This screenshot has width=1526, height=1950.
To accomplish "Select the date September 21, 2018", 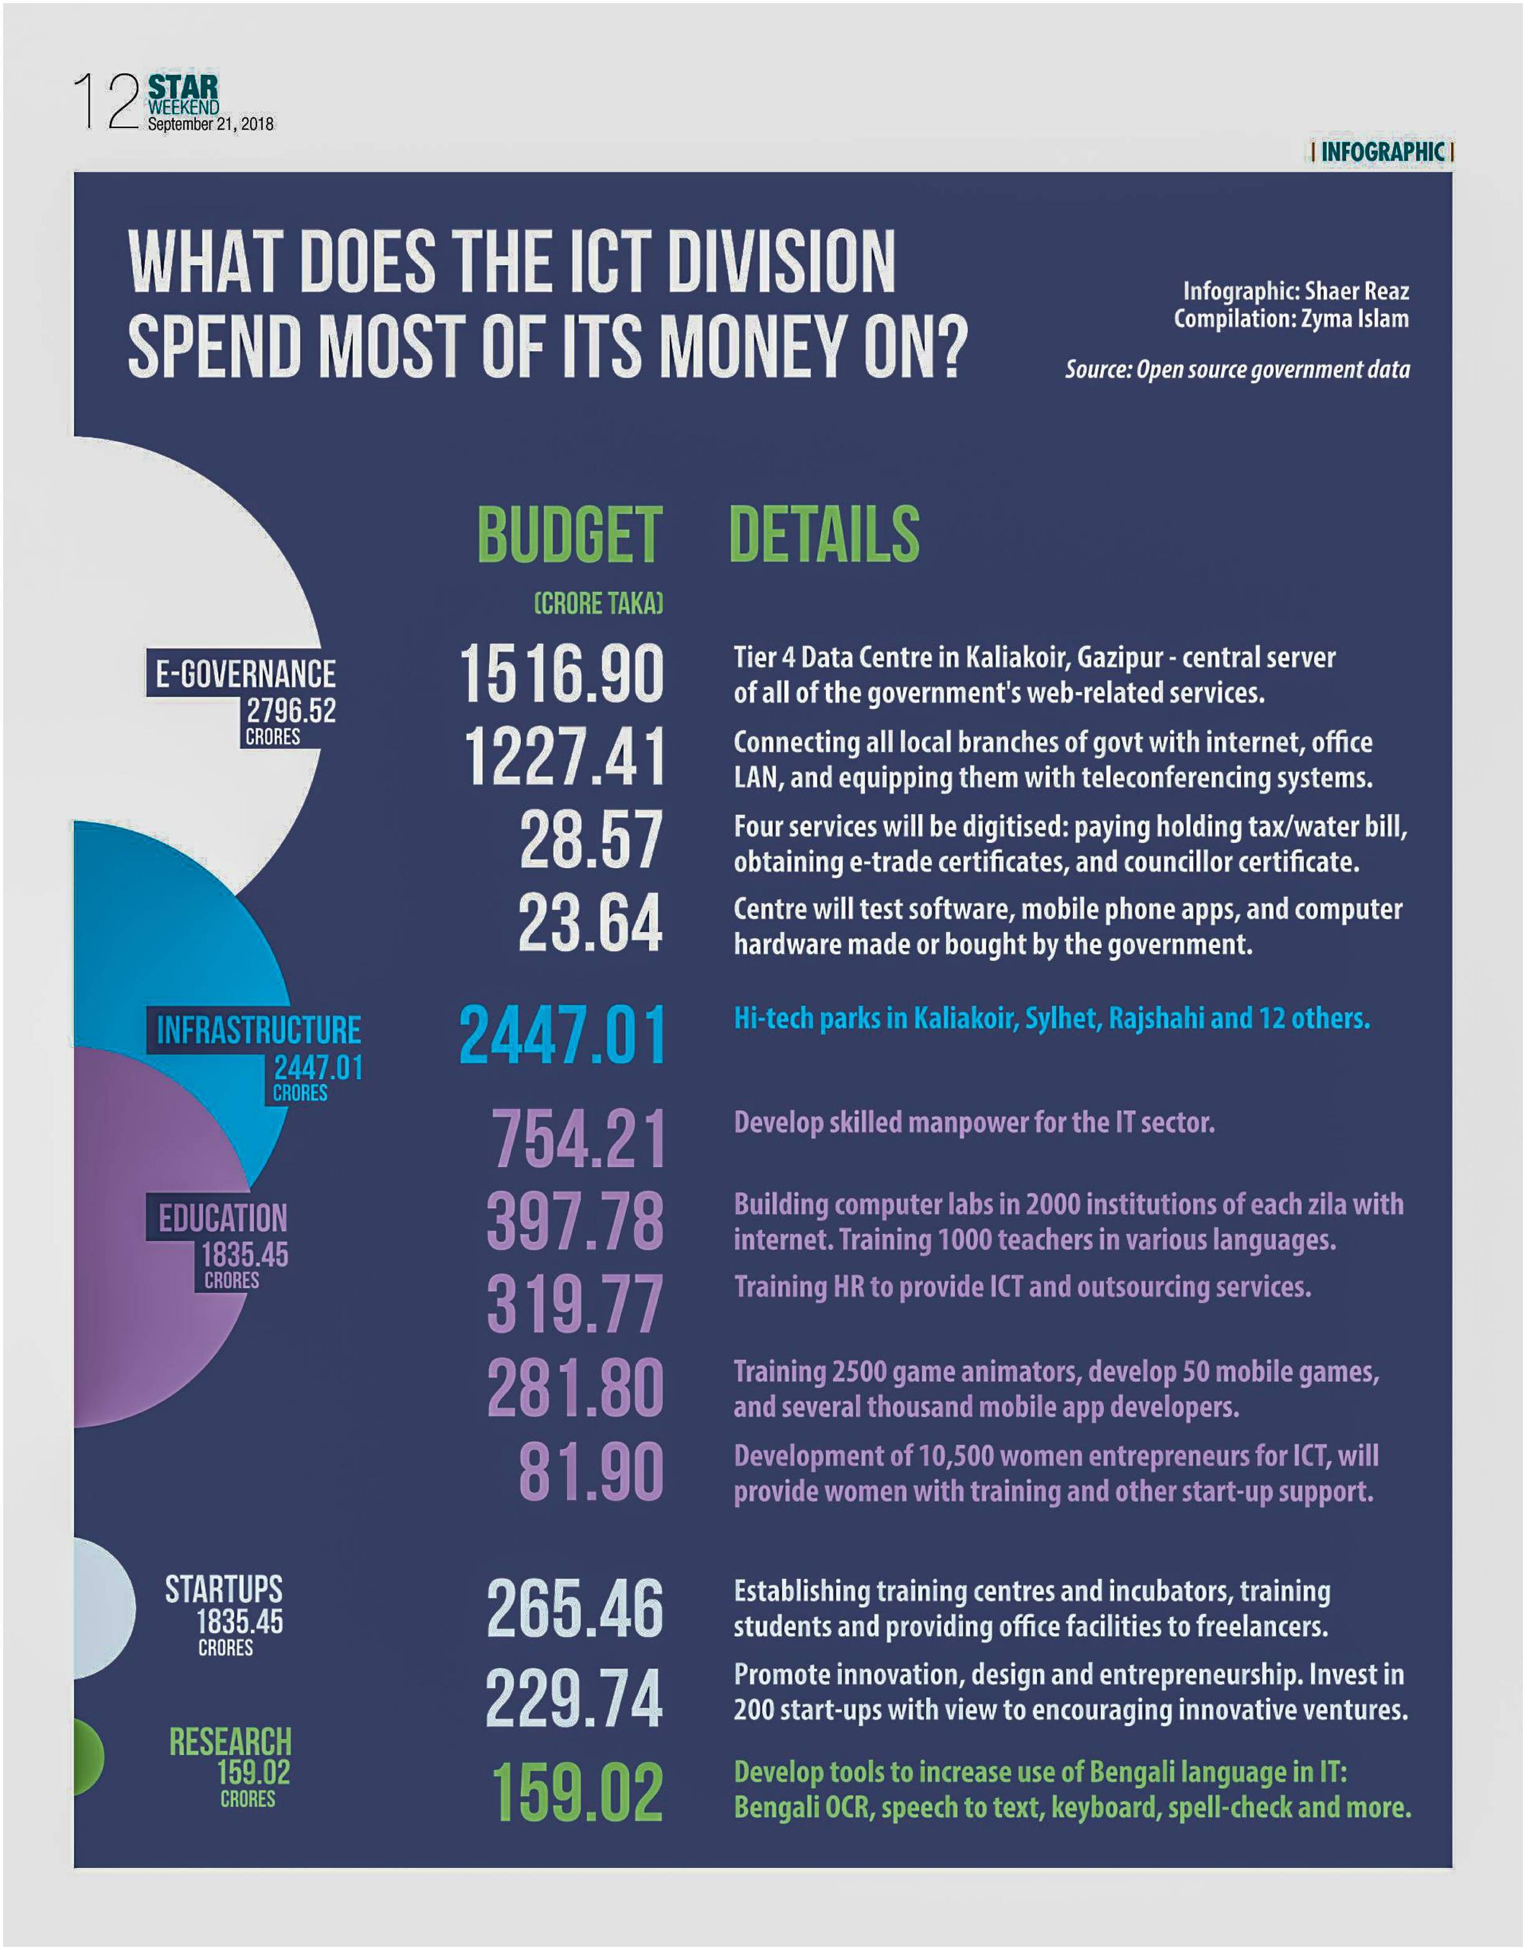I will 211,125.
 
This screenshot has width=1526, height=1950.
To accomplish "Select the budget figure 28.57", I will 591,840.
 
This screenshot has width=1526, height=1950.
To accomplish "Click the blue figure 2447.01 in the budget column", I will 563,1034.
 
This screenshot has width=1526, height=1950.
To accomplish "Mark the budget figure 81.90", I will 591,1472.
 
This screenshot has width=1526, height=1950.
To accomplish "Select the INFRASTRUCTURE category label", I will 259,1031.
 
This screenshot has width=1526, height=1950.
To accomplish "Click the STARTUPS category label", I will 223,1590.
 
